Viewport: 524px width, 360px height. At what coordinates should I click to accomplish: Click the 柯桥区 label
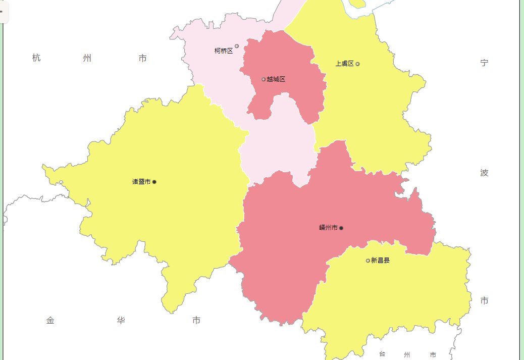coord(224,50)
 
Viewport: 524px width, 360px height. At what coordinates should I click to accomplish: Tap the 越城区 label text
coord(276,79)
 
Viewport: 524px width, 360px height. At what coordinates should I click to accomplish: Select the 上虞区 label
coord(345,64)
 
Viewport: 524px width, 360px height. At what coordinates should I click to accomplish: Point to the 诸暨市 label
coord(141,182)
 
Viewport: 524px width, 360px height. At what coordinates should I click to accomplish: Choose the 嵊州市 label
coord(328,228)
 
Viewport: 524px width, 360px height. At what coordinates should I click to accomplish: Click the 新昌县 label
coord(380,261)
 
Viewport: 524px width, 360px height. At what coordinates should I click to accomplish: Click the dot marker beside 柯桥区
coord(237,46)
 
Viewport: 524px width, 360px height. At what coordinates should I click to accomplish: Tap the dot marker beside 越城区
coord(264,79)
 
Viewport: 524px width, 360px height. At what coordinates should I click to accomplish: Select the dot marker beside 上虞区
coord(358,64)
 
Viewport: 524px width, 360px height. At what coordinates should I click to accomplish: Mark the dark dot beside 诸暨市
coord(154,182)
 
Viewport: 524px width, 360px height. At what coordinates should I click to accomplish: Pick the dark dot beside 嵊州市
coord(342,228)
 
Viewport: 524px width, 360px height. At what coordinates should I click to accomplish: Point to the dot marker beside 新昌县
coord(368,261)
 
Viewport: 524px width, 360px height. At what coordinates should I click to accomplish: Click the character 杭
coord(36,58)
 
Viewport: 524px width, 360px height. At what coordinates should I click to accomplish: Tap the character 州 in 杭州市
coord(87,58)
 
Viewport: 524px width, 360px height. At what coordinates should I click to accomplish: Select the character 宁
coord(485,63)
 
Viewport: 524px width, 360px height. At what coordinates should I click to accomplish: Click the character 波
coord(485,173)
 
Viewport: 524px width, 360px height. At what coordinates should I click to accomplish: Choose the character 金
coord(50,320)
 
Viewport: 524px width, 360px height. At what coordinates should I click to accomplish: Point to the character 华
coord(121,320)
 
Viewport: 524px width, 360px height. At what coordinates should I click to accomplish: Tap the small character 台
coord(382,354)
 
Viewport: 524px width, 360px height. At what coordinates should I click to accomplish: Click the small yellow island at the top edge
coord(357,3)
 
